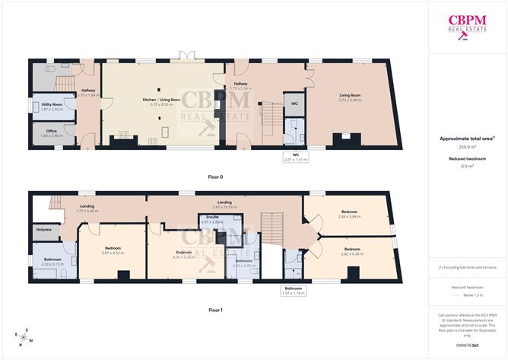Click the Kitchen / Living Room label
coord(162,100)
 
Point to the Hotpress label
coord(43,228)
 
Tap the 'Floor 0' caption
coord(215,177)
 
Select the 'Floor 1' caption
coord(215,311)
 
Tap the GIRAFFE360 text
coord(467,345)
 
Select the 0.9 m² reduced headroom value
coord(467,165)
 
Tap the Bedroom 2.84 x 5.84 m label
coord(349,214)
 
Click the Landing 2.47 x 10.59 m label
coord(225,204)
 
